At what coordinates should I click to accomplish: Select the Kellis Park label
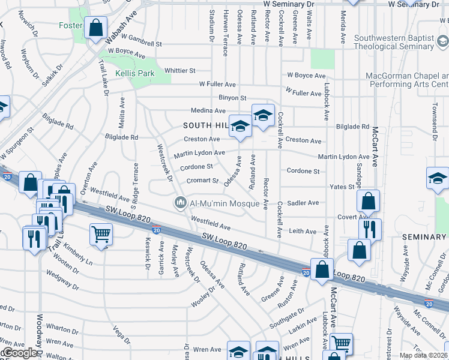tap(135, 73)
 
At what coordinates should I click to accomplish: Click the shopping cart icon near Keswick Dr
tap(101, 234)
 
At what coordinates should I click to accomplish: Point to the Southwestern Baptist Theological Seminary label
tap(394, 43)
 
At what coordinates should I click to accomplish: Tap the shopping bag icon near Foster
tap(95, 27)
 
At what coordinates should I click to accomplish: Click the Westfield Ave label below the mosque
tap(211, 223)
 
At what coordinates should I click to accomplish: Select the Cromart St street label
tap(202, 180)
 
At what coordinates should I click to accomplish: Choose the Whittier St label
tap(180, 70)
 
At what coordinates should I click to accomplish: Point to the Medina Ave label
tap(208, 111)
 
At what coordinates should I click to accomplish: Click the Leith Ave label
tap(303, 231)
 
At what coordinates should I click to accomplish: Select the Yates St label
tap(342, 187)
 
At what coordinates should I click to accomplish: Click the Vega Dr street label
tap(121, 334)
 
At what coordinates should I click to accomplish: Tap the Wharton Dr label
tap(59, 328)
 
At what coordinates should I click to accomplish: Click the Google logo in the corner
tap(19, 353)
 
